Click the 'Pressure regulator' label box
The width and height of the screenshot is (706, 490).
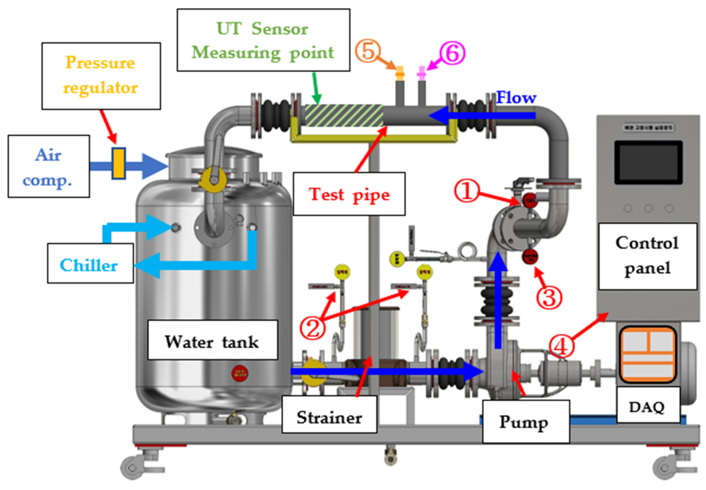[101, 76]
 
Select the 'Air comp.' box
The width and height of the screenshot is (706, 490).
[48, 166]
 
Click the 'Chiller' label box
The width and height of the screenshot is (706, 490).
[90, 263]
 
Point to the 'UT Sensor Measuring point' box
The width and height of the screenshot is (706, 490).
[263, 40]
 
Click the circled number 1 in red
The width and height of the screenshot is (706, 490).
[466, 191]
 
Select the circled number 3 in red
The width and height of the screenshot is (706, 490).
[549, 297]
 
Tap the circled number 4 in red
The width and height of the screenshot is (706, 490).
[561, 347]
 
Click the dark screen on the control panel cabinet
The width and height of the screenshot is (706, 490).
[648, 162]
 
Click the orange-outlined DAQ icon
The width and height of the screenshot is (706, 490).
[648, 355]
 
